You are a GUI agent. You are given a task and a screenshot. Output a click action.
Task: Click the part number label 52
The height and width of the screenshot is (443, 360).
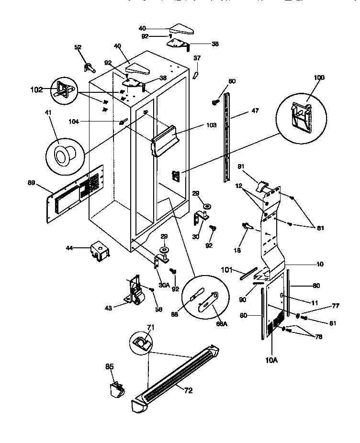click(78, 47)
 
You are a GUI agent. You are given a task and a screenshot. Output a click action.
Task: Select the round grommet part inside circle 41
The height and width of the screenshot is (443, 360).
click(62, 156)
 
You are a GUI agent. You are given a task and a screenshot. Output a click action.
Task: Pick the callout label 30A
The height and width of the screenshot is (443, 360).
click(164, 284)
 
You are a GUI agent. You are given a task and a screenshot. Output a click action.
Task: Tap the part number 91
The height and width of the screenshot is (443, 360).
click(242, 166)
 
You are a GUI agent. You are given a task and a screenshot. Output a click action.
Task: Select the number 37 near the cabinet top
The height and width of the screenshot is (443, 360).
click(197, 58)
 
